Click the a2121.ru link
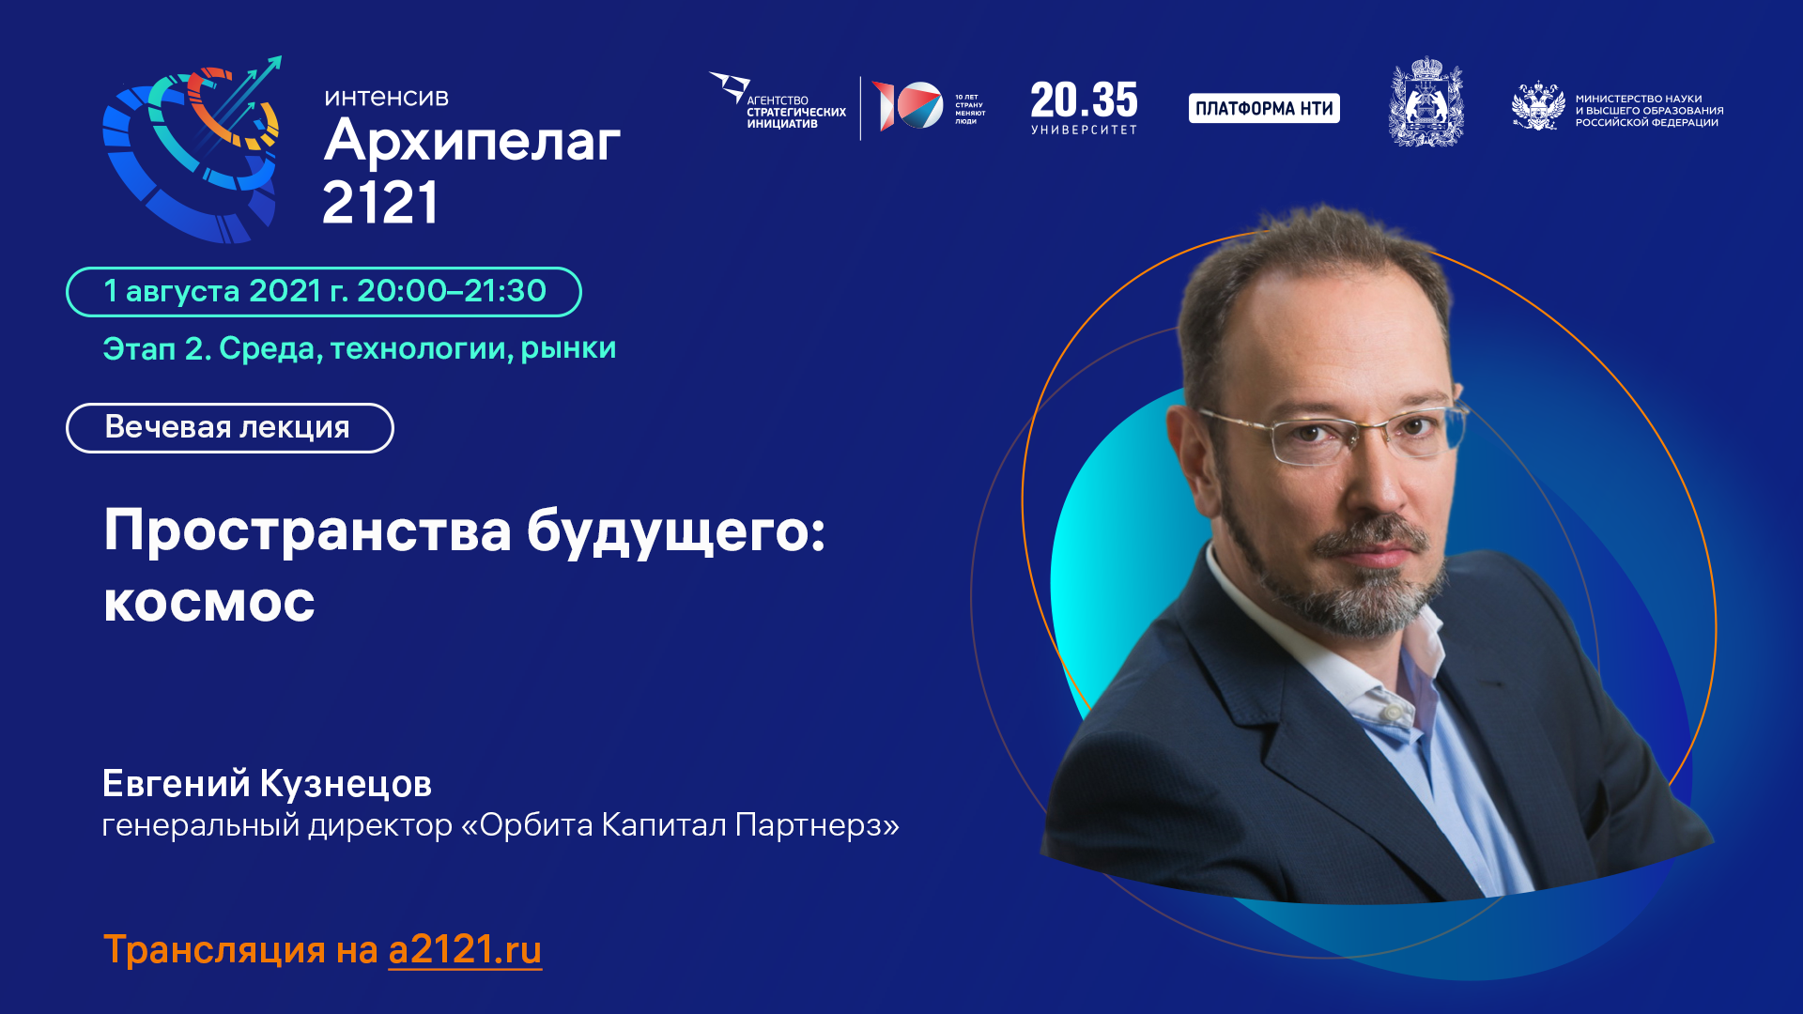(x=465, y=950)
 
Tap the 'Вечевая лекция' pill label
(x=229, y=428)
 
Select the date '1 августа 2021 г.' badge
(x=323, y=292)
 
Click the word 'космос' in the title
(x=209, y=602)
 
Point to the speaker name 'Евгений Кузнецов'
(x=267, y=784)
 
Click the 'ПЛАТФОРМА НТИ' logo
(x=1264, y=108)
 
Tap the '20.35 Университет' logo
(x=1084, y=107)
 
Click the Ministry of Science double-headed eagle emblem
(x=1537, y=107)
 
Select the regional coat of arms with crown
(x=1425, y=102)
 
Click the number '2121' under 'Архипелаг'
(x=380, y=203)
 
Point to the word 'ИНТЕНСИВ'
(x=386, y=98)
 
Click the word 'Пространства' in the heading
(x=307, y=530)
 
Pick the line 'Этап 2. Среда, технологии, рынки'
(x=359, y=349)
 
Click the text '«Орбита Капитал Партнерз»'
(x=679, y=825)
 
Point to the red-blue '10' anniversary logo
(x=908, y=106)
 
